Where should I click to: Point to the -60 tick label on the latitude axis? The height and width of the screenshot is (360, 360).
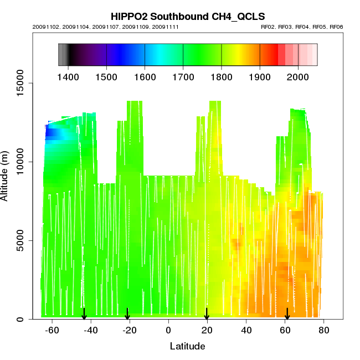coord(52,331)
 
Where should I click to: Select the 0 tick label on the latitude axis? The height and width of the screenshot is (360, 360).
coord(169,331)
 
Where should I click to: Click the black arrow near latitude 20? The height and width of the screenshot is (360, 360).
coord(207,314)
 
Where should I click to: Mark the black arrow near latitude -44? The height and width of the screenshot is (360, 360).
coord(84,314)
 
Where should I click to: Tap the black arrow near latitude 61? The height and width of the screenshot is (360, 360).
coord(287,314)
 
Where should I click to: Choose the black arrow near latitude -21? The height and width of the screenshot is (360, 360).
coord(127,314)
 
